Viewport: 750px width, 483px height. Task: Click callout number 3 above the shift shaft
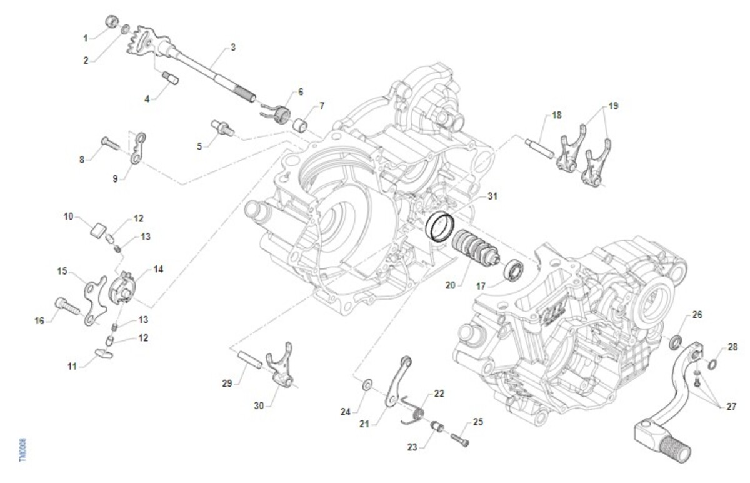232,48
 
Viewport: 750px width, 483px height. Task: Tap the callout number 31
492,196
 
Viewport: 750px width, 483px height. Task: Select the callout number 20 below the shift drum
450,284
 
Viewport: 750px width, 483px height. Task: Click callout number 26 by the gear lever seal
697,315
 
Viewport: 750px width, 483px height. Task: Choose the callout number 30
259,405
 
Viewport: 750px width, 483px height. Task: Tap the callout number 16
40,321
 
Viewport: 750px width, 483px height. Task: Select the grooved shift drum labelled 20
472,246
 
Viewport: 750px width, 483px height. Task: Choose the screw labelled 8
108,143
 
